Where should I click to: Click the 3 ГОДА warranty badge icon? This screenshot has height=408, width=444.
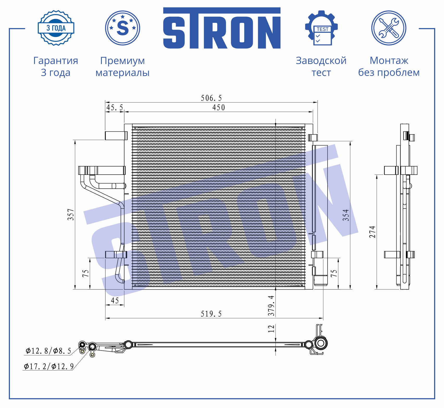(x=56, y=28)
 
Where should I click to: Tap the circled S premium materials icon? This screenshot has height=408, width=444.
(x=123, y=28)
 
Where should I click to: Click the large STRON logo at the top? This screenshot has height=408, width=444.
(x=222, y=28)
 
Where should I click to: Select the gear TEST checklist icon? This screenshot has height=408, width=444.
(x=322, y=28)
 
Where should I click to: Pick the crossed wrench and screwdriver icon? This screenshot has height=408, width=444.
(x=389, y=28)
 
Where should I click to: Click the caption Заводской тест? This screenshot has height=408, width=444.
(x=321, y=66)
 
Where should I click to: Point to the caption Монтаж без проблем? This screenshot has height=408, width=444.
(x=389, y=66)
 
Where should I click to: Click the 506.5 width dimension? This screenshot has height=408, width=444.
(x=211, y=98)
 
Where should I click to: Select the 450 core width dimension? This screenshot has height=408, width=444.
(x=218, y=107)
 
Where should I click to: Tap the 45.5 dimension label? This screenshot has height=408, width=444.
(x=115, y=107)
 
